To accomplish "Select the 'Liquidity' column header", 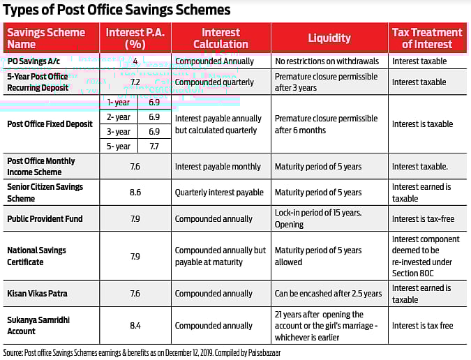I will (x=329, y=38).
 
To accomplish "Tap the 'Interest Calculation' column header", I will (x=220, y=38).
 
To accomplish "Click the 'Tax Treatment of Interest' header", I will (x=427, y=38).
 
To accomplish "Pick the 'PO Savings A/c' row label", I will (x=33, y=61).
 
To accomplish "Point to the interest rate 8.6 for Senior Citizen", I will (x=136, y=193).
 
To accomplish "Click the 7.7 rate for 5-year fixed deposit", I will (x=154, y=146).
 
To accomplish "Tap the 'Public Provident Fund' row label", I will (x=45, y=219).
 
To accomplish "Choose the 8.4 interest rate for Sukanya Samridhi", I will (x=136, y=326).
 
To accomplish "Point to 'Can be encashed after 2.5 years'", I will (x=328, y=294).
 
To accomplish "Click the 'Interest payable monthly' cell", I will (x=218, y=167).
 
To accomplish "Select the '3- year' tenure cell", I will (x=119, y=131).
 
